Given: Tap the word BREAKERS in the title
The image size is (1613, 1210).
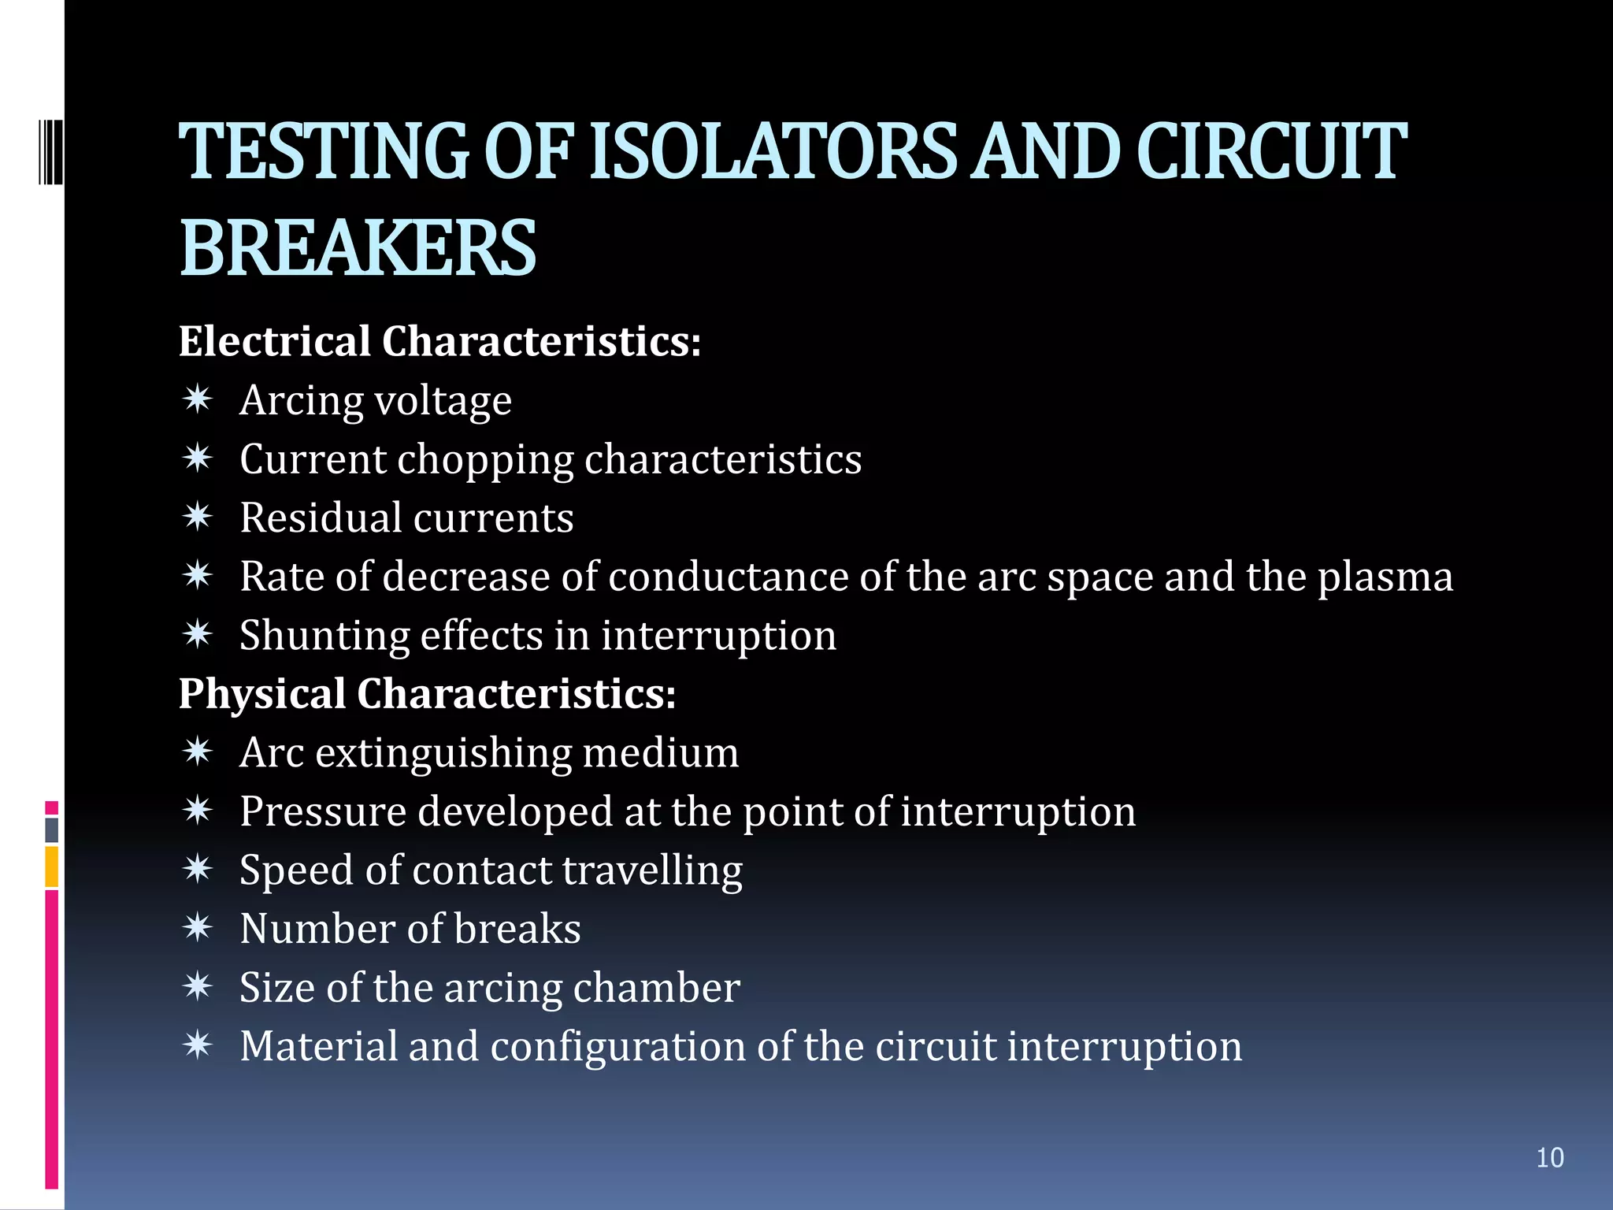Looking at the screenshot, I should (358, 249).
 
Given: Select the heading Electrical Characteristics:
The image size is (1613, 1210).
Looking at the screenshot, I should (439, 342).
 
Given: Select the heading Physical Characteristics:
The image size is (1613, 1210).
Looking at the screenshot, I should (427, 694).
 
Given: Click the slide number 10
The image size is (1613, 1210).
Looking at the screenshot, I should (1549, 1158).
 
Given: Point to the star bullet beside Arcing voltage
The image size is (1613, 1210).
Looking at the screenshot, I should (197, 399).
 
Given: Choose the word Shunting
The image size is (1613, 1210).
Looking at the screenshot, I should (324, 636).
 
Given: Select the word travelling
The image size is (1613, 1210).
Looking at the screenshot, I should (652, 871).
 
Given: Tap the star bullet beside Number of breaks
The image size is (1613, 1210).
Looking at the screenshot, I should (197, 928).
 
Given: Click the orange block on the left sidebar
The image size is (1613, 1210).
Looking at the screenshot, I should (51, 867).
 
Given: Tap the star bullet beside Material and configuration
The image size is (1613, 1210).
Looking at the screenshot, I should (197, 1045).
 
